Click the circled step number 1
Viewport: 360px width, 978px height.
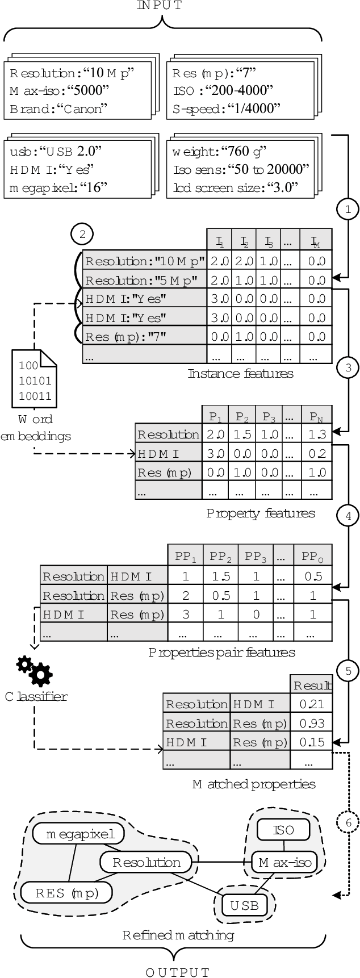[348, 209]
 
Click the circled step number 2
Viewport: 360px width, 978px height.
[82, 234]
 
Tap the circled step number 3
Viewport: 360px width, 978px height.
[348, 367]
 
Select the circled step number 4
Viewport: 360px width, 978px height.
[348, 516]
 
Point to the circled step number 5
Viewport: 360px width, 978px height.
[348, 671]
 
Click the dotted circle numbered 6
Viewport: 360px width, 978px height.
[348, 822]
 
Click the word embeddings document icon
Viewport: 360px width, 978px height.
[34, 379]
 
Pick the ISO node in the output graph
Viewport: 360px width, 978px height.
[283, 830]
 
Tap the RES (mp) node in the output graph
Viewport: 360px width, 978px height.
[66, 893]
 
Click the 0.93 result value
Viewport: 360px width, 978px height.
[311, 723]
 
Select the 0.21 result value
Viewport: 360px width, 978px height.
[311, 704]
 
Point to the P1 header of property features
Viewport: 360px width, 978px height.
[215, 416]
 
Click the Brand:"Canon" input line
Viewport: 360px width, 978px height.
[58, 109]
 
